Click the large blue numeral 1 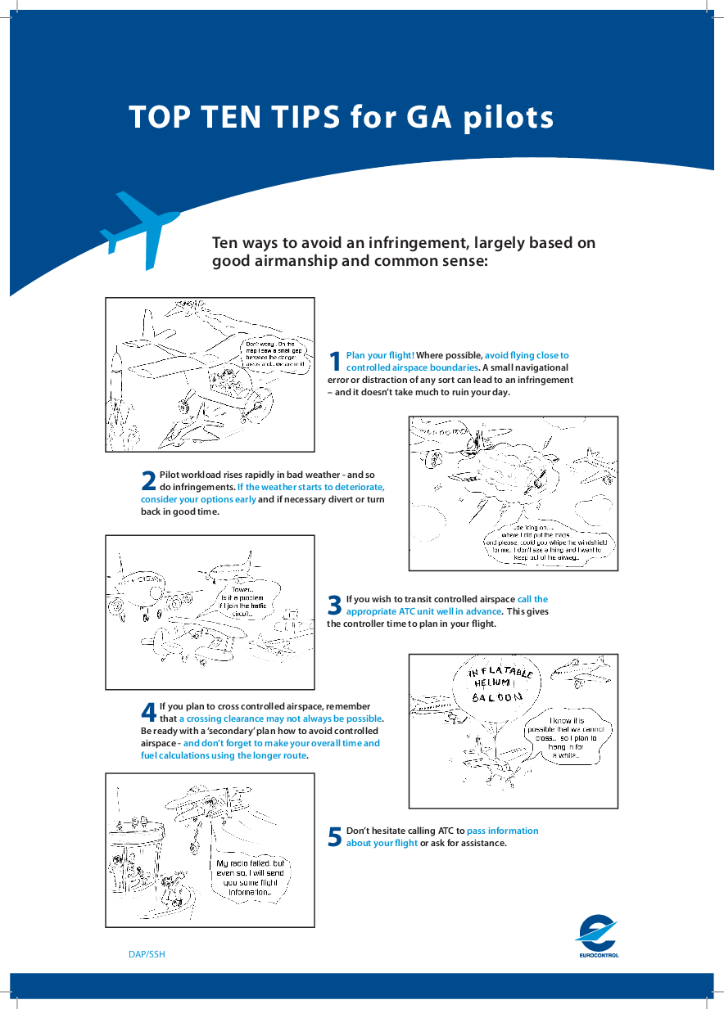pyautogui.click(x=334, y=361)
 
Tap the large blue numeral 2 pyautogui.click(x=148, y=481)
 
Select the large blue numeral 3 pyautogui.click(x=334, y=605)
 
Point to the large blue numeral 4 pyautogui.click(x=149, y=712)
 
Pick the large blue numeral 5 pyautogui.click(x=334, y=836)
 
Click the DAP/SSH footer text pyautogui.click(x=147, y=954)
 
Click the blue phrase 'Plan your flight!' pyautogui.click(x=380, y=355)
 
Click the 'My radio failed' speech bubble pyautogui.click(x=249, y=878)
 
